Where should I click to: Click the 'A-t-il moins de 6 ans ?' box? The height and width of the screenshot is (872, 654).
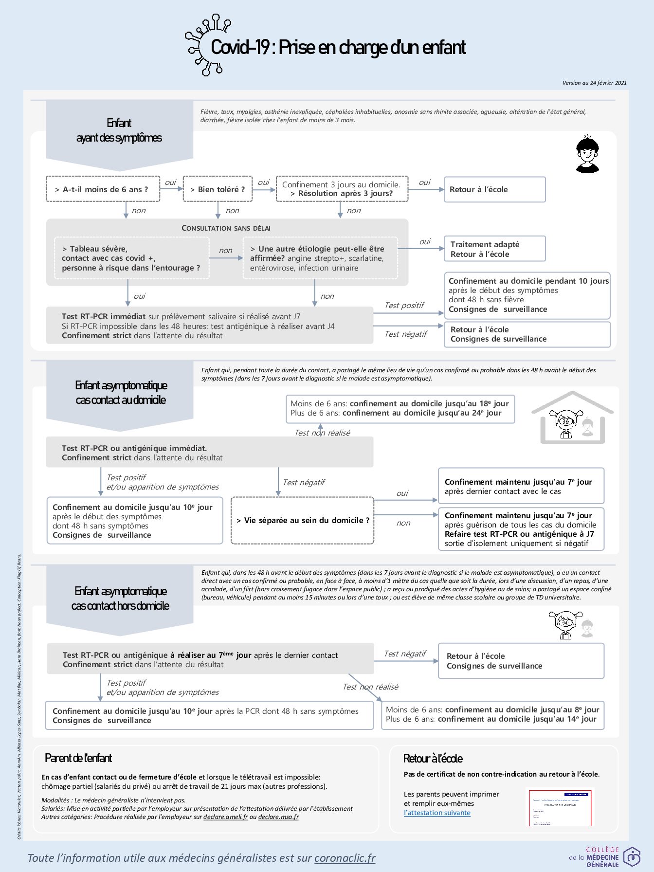coord(103,189)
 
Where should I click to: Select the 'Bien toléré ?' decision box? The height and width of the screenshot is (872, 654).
coord(218,189)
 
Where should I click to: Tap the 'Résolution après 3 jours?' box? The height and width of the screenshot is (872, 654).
coord(342,189)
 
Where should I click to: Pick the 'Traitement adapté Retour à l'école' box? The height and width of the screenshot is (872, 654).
coord(494,249)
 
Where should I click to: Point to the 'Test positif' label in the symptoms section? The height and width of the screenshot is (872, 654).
coord(404,305)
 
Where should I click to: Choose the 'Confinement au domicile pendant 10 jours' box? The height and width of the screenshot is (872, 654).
coord(527,295)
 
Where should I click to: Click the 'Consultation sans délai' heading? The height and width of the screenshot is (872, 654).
coord(226,228)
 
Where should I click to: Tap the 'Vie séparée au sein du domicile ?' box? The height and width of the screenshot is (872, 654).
coord(302,520)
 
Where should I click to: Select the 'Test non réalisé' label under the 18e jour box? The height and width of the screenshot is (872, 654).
coord(322,433)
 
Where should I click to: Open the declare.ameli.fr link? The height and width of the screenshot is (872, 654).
coord(225,817)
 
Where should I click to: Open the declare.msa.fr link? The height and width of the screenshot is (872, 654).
coord(278,817)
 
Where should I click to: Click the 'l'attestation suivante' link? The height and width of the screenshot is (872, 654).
coord(437,813)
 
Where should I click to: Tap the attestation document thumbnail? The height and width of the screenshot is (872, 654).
coord(560,807)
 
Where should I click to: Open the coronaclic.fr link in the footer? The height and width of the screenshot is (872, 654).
coord(345,858)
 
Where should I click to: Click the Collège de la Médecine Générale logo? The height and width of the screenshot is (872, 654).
coord(604,857)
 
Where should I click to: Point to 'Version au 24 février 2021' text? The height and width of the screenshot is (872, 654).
coord(594,83)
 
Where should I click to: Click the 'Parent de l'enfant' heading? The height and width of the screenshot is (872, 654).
coord(78,758)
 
